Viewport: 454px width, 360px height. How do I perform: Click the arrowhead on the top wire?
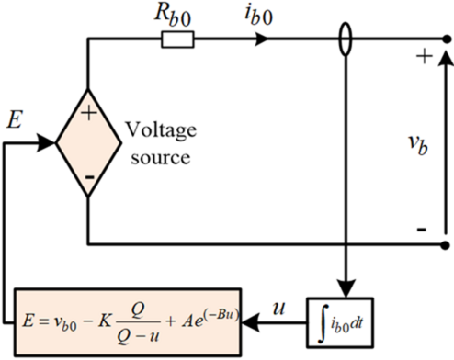click(264, 39)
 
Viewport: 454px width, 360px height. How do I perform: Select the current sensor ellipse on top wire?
click(345, 39)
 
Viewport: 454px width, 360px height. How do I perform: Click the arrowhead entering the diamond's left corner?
click(47, 142)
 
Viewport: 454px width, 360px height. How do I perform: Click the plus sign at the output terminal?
click(424, 58)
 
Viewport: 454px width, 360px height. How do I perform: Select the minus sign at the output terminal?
click(422, 231)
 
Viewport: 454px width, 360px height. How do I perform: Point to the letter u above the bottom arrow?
click(278, 298)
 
